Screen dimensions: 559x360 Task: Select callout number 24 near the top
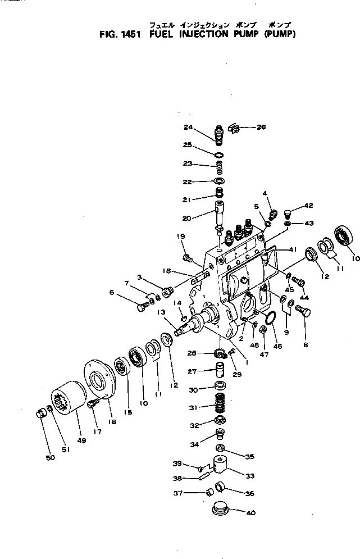[187, 126]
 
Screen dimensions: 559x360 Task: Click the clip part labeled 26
[234, 129]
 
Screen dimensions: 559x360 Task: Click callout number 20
[187, 218]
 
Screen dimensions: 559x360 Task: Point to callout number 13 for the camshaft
[161, 312]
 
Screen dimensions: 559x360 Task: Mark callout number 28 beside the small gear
[191, 353]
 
